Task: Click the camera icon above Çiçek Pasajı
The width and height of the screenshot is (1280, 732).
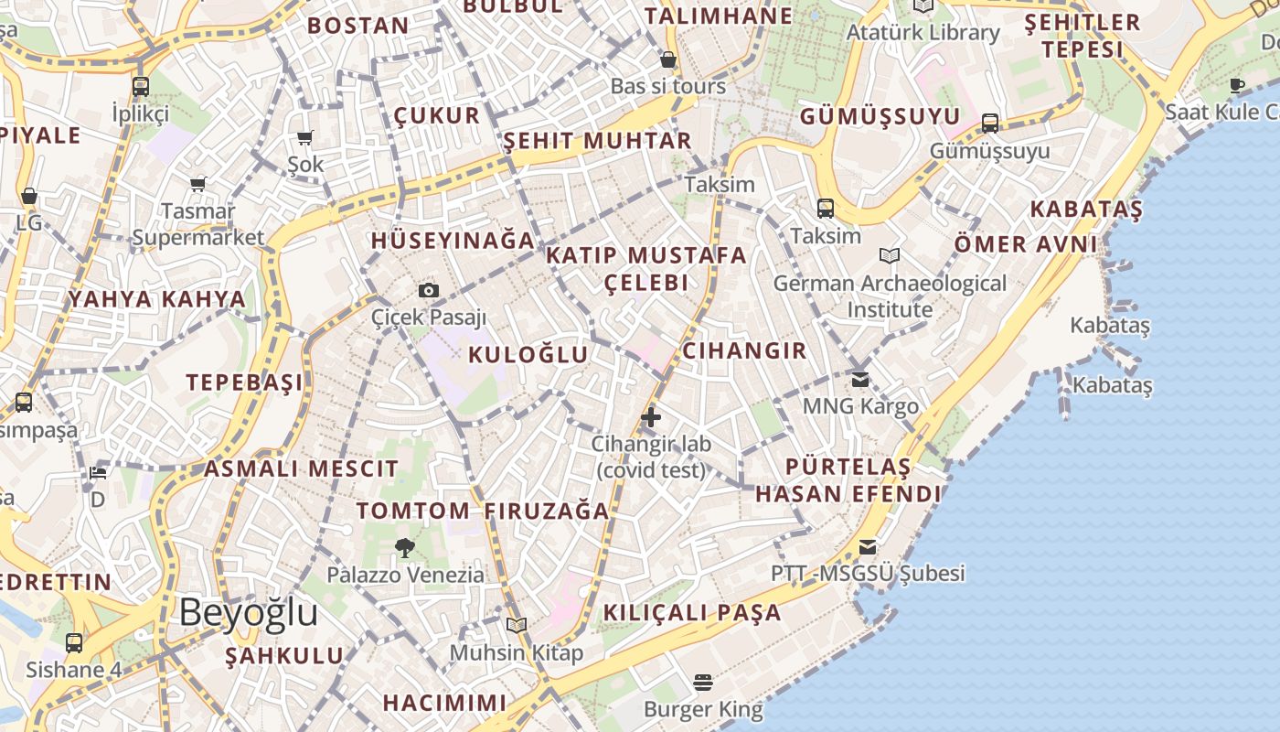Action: point(428,291)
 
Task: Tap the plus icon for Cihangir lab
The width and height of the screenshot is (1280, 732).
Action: point(650,418)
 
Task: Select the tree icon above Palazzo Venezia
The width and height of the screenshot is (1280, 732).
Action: point(404,548)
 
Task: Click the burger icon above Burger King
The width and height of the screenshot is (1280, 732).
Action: point(702,683)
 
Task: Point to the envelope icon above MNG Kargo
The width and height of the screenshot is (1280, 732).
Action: point(859,379)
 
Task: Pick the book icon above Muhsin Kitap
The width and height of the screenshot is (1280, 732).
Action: point(517,625)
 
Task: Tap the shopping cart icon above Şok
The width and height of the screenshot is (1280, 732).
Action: point(305,138)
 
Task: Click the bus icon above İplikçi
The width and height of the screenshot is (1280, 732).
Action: point(140,87)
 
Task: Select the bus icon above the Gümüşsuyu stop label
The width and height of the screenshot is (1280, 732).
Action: point(989,123)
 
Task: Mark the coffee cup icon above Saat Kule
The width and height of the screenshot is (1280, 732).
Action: point(1237,86)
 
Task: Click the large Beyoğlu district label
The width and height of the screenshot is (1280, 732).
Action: point(248,612)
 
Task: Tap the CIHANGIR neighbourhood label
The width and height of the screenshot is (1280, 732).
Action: point(744,350)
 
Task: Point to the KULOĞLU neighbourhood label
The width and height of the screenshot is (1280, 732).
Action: point(528,355)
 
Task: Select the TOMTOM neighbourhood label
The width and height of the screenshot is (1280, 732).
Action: point(412,511)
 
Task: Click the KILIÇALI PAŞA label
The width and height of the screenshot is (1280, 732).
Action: point(692,612)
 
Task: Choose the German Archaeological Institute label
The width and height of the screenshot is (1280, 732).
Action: point(890,296)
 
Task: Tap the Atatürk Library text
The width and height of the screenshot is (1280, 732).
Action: point(923,33)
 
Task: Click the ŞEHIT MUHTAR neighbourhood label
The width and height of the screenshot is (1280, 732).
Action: point(597,141)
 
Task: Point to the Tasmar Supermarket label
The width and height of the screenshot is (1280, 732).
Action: point(198,224)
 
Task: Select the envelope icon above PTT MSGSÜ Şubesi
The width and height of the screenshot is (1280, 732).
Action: point(867,547)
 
